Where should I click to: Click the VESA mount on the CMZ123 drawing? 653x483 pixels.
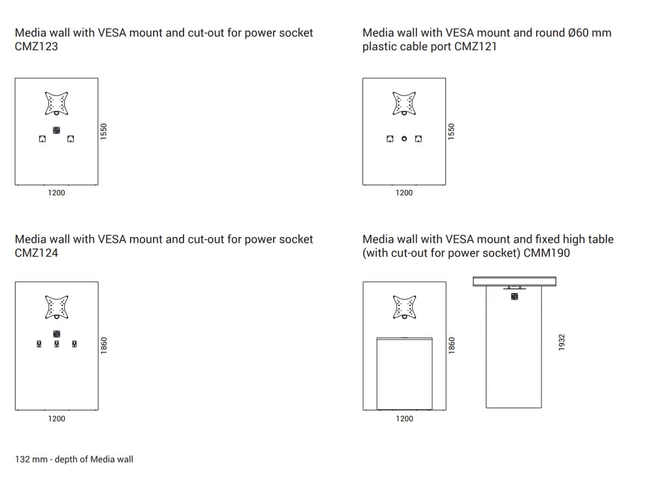click(57, 103)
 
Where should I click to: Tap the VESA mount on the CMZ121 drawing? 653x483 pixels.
click(404, 103)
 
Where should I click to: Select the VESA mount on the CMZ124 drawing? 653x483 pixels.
click(57, 307)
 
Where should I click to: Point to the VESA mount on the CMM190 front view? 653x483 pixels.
click(404, 307)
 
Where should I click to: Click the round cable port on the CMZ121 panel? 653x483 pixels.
click(404, 138)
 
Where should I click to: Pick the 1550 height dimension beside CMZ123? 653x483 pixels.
click(104, 131)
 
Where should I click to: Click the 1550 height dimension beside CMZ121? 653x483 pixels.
click(451, 131)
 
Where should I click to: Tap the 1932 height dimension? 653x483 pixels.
click(562, 342)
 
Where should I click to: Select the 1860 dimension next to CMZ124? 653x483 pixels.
click(104, 345)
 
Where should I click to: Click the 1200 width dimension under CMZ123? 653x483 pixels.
click(57, 193)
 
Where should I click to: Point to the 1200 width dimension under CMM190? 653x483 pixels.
click(404, 418)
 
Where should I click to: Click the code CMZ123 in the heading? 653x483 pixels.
click(36, 46)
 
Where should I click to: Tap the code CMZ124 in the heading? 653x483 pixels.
click(36, 253)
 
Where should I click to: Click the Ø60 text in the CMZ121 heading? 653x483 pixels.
click(575, 33)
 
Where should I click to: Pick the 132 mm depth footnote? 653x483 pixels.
click(74, 460)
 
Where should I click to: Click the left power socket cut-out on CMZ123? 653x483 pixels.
click(42, 138)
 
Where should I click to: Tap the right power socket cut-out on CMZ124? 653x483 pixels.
click(74, 344)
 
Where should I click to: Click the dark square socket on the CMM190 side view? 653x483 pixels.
click(514, 296)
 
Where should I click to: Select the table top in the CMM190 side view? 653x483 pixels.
click(514, 281)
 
